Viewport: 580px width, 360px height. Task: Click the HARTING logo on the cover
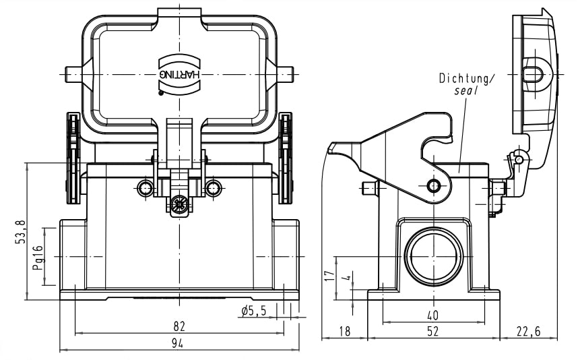(x=179, y=69)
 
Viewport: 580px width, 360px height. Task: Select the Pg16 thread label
(x=38, y=257)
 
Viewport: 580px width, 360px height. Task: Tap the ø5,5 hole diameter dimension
(x=253, y=310)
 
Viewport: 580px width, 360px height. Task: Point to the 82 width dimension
(x=179, y=326)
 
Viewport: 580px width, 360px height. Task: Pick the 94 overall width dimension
(x=179, y=344)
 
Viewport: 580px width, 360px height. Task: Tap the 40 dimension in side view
(x=432, y=315)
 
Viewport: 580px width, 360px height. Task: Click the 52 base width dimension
(x=432, y=331)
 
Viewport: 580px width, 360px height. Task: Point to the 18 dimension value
(x=344, y=331)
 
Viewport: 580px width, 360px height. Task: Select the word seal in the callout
(x=465, y=90)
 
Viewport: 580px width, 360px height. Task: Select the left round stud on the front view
(x=145, y=187)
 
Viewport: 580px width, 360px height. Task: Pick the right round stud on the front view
(x=214, y=187)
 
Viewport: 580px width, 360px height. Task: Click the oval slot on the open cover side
(x=534, y=72)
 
